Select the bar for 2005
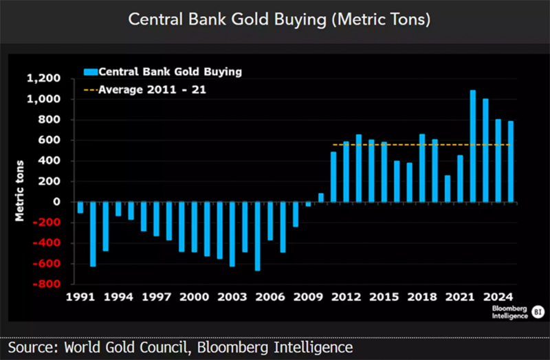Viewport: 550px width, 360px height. tap(257, 236)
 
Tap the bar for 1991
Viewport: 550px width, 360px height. tap(80, 207)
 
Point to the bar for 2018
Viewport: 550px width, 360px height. tap(422, 168)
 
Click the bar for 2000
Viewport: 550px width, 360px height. tap(194, 227)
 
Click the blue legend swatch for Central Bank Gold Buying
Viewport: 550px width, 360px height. tap(90, 71)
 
